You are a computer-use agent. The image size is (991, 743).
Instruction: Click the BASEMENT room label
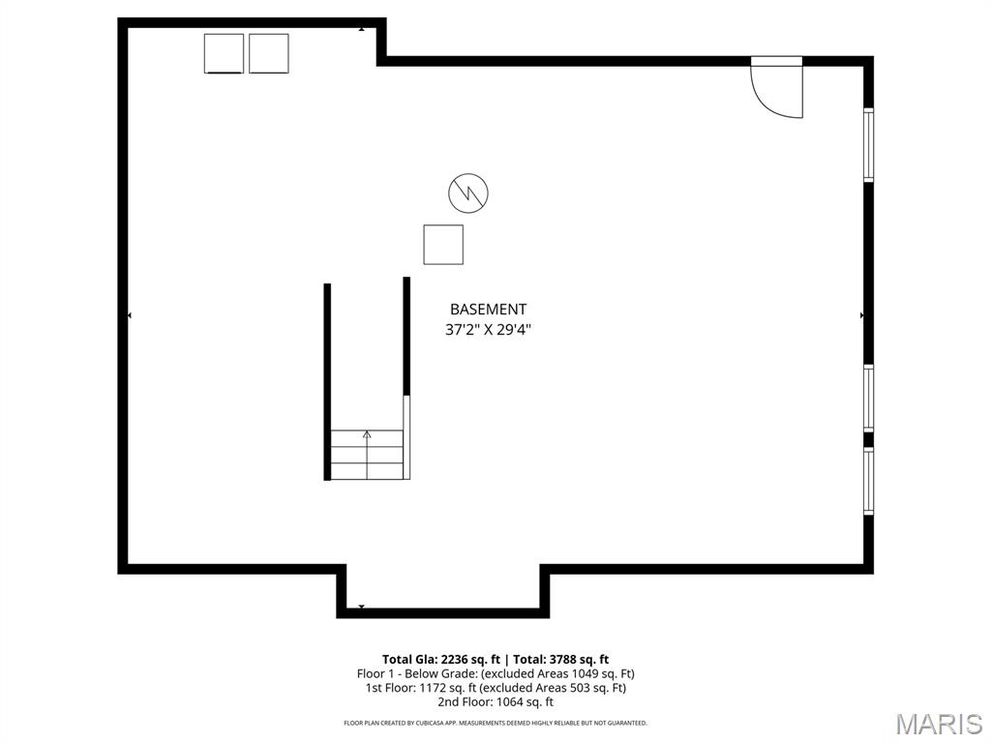click(488, 310)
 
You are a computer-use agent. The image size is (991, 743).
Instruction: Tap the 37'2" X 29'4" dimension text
click(488, 330)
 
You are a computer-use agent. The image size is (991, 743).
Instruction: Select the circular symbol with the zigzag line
click(468, 193)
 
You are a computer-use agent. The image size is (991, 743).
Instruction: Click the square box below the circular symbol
click(443, 244)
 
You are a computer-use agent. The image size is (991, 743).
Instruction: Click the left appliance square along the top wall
click(224, 53)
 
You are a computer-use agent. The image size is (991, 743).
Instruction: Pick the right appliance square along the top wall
click(268, 53)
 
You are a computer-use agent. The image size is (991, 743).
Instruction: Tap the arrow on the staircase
click(367, 436)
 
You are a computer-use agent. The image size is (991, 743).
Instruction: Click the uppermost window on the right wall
click(868, 145)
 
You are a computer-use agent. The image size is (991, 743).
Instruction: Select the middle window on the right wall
click(868, 398)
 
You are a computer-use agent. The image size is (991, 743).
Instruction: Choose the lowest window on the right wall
click(868, 481)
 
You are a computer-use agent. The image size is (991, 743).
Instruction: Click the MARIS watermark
click(939, 724)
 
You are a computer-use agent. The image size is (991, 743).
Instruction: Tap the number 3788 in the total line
click(556, 660)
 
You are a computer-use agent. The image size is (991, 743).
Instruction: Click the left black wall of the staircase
click(327, 381)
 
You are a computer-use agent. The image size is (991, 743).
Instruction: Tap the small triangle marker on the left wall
click(130, 315)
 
